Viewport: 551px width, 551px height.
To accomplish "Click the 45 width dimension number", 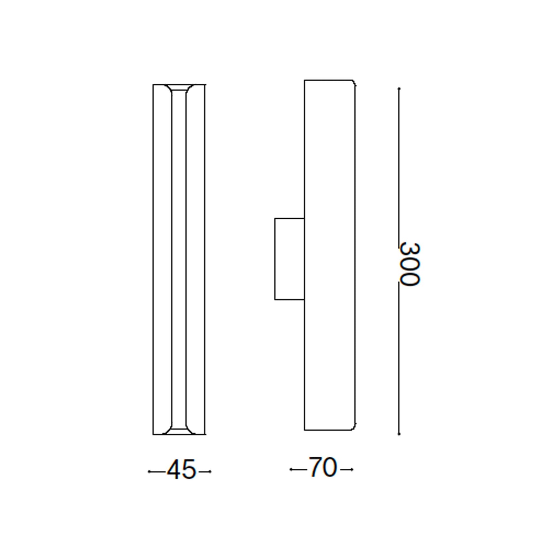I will coord(181,469).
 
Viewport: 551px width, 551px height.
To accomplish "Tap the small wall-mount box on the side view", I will coord(289,259).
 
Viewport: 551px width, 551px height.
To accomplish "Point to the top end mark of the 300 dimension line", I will coord(399,89).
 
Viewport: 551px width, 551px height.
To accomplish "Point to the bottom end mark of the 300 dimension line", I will coord(399,434).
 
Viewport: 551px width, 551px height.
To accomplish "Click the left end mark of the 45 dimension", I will coord(149,471).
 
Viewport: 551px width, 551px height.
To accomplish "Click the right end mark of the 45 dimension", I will coord(210,471).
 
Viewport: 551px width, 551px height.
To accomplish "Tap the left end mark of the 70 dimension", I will coord(291,469).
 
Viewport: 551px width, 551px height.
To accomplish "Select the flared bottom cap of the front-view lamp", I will coord(179,431).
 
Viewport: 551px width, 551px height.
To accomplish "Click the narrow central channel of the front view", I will coord(179,258).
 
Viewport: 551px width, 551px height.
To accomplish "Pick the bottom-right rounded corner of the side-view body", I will coord(354,428).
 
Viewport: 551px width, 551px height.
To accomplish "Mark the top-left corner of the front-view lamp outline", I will coord(153,84).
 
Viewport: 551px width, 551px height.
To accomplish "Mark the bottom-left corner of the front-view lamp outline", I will coord(153,434).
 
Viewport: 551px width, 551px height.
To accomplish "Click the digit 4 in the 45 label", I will coord(174,469).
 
